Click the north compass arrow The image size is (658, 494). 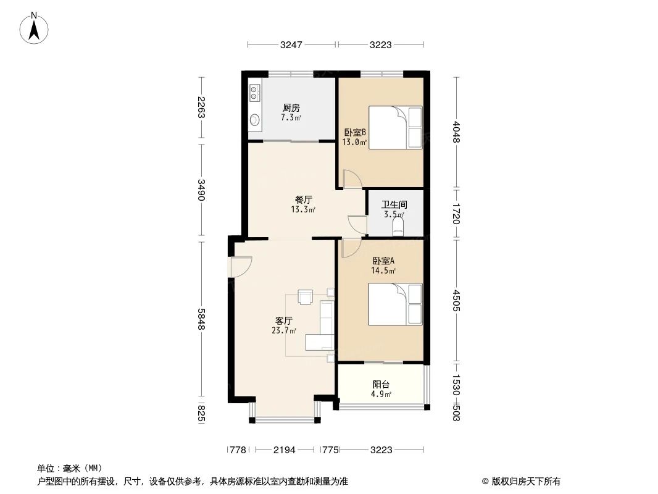(x=34, y=30)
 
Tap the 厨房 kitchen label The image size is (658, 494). (x=291, y=108)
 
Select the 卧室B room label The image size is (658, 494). (x=355, y=133)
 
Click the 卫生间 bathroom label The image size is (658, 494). (x=394, y=205)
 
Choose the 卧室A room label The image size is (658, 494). (x=383, y=261)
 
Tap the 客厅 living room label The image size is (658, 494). (x=284, y=320)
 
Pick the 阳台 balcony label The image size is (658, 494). (x=381, y=385)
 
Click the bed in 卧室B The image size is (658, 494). (x=395, y=128)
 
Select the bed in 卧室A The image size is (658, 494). (x=395, y=304)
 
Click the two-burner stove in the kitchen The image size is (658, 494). (x=254, y=93)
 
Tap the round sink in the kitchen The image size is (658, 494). (x=254, y=120)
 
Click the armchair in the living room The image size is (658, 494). (x=305, y=296)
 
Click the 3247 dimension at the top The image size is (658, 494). (x=291, y=44)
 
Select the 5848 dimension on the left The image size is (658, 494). (x=201, y=319)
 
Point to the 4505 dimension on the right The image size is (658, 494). (x=457, y=301)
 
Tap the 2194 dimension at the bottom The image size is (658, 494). (x=285, y=450)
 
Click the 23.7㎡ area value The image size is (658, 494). (x=284, y=330)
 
